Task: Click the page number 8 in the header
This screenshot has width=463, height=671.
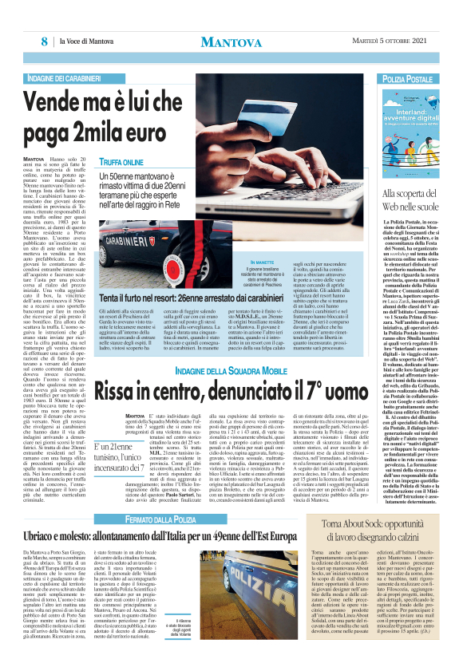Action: click(x=45, y=41)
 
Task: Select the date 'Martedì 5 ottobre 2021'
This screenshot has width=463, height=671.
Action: click(x=392, y=41)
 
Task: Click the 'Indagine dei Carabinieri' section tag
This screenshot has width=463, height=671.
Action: click(x=66, y=80)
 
